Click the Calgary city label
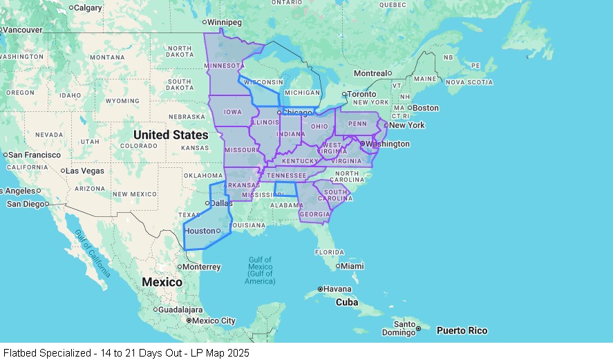click(88, 8)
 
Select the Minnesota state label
click(225, 66)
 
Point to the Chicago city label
click(297, 112)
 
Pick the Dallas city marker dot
click(207, 203)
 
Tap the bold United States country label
click(171, 135)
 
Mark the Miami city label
click(352, 266)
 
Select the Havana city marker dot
click(320, 289)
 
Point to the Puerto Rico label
click(462, 331)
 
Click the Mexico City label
click(214, 321)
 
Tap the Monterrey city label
click(202, 267)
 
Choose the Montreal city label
click(370, 73)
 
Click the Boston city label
click(426, 108)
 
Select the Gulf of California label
click(92, 254)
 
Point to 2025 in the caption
click(237, 353)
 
